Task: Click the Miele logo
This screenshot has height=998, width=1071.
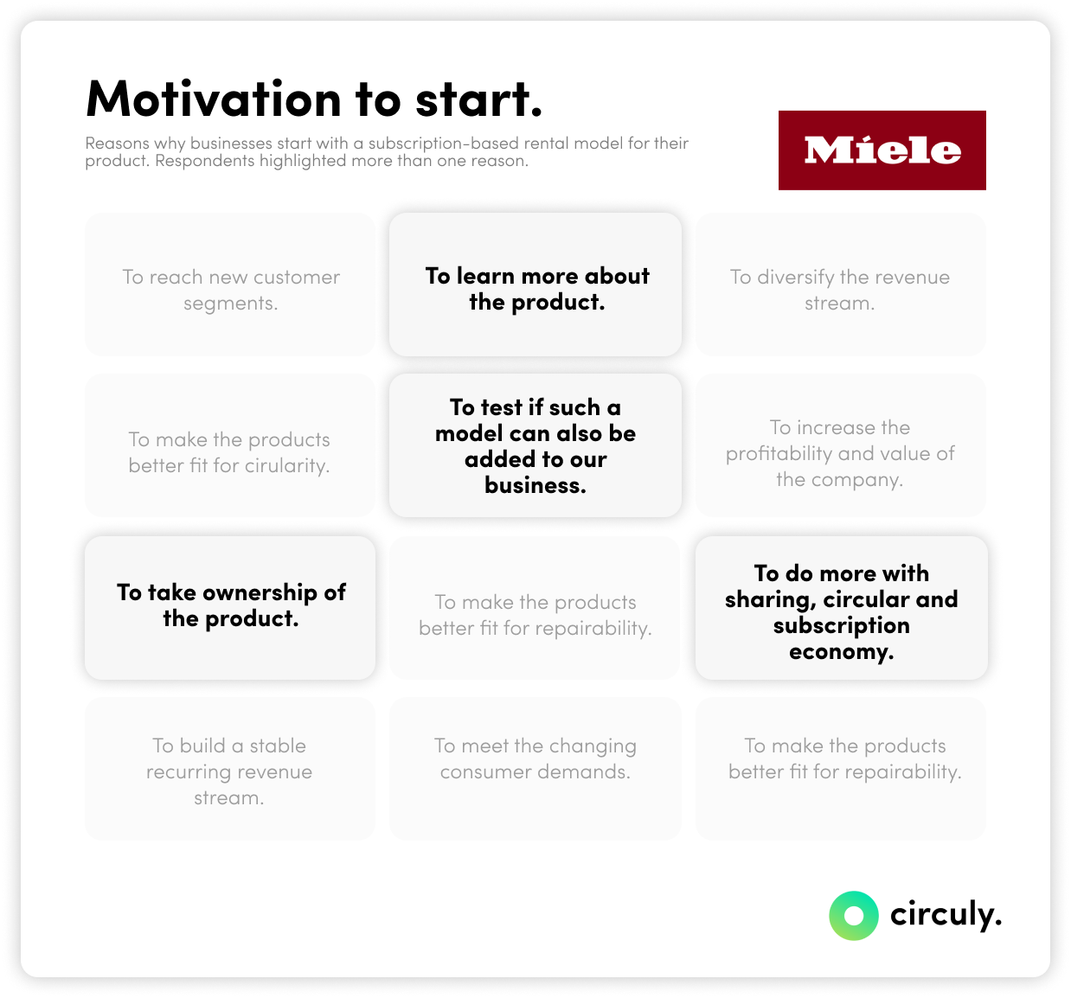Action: [882, 150]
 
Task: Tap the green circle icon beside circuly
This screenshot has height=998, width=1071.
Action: [853, 915]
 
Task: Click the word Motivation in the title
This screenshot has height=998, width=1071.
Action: [214, 99]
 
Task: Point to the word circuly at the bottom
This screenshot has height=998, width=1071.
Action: [945, 914]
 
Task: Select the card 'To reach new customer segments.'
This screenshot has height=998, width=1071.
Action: [230, 285]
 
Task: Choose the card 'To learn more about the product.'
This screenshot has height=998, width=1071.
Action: [535, 285]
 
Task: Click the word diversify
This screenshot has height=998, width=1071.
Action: [795, 277]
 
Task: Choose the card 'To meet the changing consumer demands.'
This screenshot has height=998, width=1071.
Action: [535, 768]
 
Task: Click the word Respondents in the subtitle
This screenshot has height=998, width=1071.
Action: [204, 161]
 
